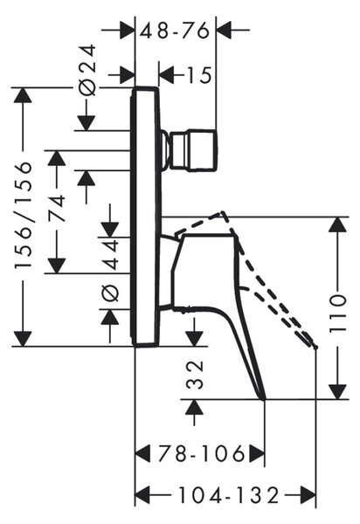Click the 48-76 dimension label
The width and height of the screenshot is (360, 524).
click(175, 31)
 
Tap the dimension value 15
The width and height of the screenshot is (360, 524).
click(198, 75)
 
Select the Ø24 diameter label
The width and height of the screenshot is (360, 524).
click(88, 70)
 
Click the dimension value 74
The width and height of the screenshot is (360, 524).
click(56, 209)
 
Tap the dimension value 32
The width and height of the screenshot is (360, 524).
click(195, 375)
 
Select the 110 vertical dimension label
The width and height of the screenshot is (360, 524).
click(337, 314)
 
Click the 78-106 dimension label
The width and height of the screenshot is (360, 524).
click(201, 453)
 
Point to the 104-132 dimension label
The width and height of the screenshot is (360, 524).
click(229, 495)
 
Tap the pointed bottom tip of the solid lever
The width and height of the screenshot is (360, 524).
click(264, 399)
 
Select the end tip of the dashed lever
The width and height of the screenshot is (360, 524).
click(315, 348)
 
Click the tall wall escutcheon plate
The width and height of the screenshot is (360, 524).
click(146, 217)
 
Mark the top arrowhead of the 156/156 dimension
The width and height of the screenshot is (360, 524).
click(23, 95)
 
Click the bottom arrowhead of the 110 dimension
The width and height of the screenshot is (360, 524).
click(337, 391)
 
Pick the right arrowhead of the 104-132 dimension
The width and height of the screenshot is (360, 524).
click(308, 495)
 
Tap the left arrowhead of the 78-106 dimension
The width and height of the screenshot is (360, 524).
click(142, 453)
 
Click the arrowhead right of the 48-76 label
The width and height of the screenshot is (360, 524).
click(224, 30)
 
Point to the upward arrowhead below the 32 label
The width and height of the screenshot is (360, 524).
click(195, 407)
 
